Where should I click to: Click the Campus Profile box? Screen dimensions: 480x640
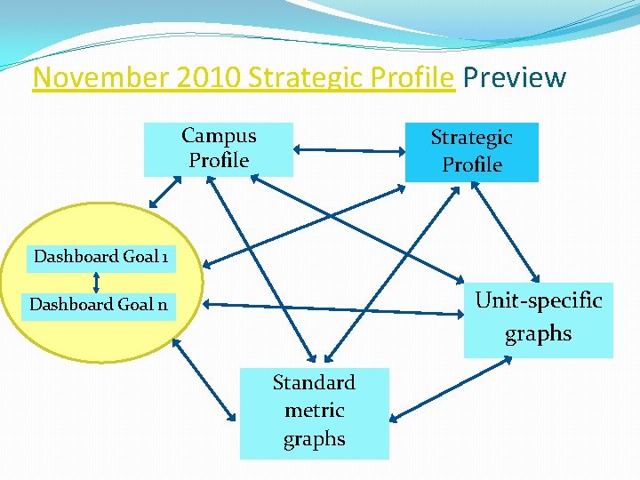[218, 148]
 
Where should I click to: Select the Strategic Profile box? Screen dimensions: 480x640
[471, 151]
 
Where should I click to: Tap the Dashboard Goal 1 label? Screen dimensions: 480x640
[100, 257]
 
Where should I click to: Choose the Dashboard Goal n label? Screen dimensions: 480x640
[99, 305]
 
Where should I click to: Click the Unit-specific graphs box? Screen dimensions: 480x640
[538, 317]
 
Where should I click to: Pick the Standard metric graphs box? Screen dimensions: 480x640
[314, 412]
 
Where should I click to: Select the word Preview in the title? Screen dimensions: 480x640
[514, 78]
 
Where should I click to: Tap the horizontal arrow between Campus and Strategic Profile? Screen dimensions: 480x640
[348, 148]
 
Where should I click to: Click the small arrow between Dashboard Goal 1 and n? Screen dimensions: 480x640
[96, 281]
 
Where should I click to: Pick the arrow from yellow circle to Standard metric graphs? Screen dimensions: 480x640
[205, 380]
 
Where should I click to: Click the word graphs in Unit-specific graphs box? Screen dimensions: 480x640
[538, 334]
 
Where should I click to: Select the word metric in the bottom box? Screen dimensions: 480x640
[314, 411]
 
